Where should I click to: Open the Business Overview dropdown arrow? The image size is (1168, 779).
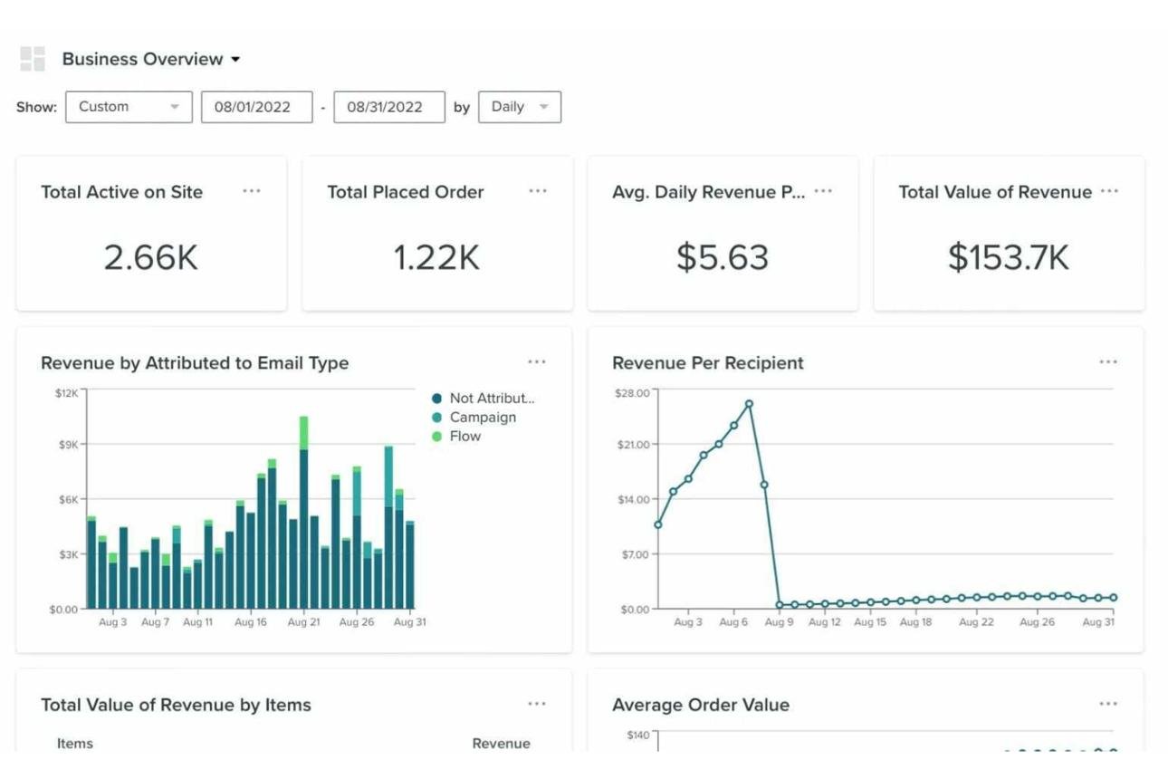[x=235, y=60]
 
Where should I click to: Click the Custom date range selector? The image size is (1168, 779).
[x=129, y=107]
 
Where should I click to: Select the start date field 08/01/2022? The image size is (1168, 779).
[x=257, y=107]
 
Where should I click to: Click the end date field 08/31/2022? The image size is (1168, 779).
[x=389, y=107]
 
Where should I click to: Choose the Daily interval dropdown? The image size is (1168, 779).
[x=520, y=107]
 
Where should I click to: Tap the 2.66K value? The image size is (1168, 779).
[x=151, y=257]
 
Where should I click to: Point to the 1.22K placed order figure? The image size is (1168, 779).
[x=436, y=257]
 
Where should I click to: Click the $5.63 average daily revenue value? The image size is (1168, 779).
[x=723, y=257]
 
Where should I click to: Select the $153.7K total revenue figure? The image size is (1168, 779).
[x=1009, y=257]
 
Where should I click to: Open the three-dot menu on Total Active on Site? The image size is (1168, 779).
[x=252, y=191]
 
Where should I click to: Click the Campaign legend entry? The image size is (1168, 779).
[x=474, y=418]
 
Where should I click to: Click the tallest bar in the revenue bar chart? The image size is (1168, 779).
[x=303, y=513]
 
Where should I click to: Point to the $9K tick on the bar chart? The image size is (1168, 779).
[x=68, y=445]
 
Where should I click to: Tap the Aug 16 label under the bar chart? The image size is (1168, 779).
[x=251, y=622]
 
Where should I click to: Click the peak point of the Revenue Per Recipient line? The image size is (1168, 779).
[x=749, y=404]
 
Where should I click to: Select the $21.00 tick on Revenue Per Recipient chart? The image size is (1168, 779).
[x=634, y=445]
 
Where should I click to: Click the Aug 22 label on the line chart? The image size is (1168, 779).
[x=977, y=622]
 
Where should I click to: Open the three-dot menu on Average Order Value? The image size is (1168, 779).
[x=1108, y=704]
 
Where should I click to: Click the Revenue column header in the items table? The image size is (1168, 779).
[x=501, y=744]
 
